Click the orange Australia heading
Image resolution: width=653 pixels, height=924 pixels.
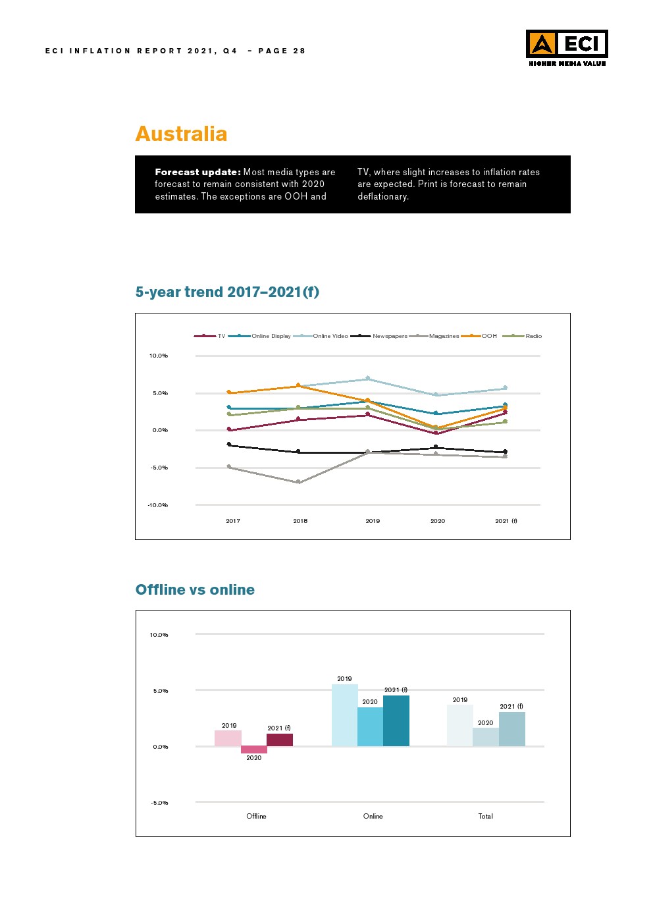point(181,134)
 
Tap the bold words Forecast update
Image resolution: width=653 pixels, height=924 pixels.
point(197,172)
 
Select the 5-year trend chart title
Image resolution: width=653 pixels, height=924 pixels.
point(227,292)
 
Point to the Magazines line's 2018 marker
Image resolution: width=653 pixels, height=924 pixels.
point(299,482)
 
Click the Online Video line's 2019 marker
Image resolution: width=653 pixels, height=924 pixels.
point(368,378)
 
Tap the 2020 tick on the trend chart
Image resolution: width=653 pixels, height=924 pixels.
point(438,521)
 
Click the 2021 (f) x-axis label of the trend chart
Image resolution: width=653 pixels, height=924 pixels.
point(506,521)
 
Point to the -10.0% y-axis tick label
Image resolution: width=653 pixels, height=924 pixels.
point(158,505)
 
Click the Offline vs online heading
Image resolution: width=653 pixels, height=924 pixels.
point(195,589)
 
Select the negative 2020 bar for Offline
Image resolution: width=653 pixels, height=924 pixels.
point(254,749)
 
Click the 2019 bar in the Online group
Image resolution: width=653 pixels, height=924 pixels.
point(344,715)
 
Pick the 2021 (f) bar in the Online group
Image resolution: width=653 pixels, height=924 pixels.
point(396,720)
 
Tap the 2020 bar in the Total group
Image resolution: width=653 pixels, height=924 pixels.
point(486,737)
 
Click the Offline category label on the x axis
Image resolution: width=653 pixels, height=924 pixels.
point(256,816)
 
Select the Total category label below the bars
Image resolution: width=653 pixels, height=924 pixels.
point(485,816)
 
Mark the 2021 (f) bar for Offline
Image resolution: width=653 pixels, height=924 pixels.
point(280,740)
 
